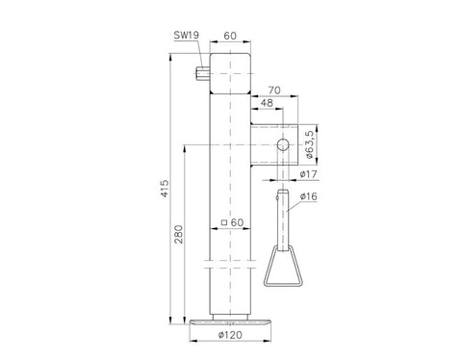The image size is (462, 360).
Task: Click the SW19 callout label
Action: pos(187,35)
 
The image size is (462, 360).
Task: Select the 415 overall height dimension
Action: pos(165,189)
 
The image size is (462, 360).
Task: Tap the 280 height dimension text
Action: pos(179,234)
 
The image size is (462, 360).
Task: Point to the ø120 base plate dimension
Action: pos(230,335)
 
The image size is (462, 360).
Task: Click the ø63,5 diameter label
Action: pos(309,144)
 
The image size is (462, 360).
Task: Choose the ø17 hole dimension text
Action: pos(308,174)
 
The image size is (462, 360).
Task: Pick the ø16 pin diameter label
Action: pos(309,196)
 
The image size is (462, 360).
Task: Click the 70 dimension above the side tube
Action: pos(274,90)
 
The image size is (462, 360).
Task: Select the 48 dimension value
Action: pos(267,103)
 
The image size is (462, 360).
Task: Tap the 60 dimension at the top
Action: pos(230,36)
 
